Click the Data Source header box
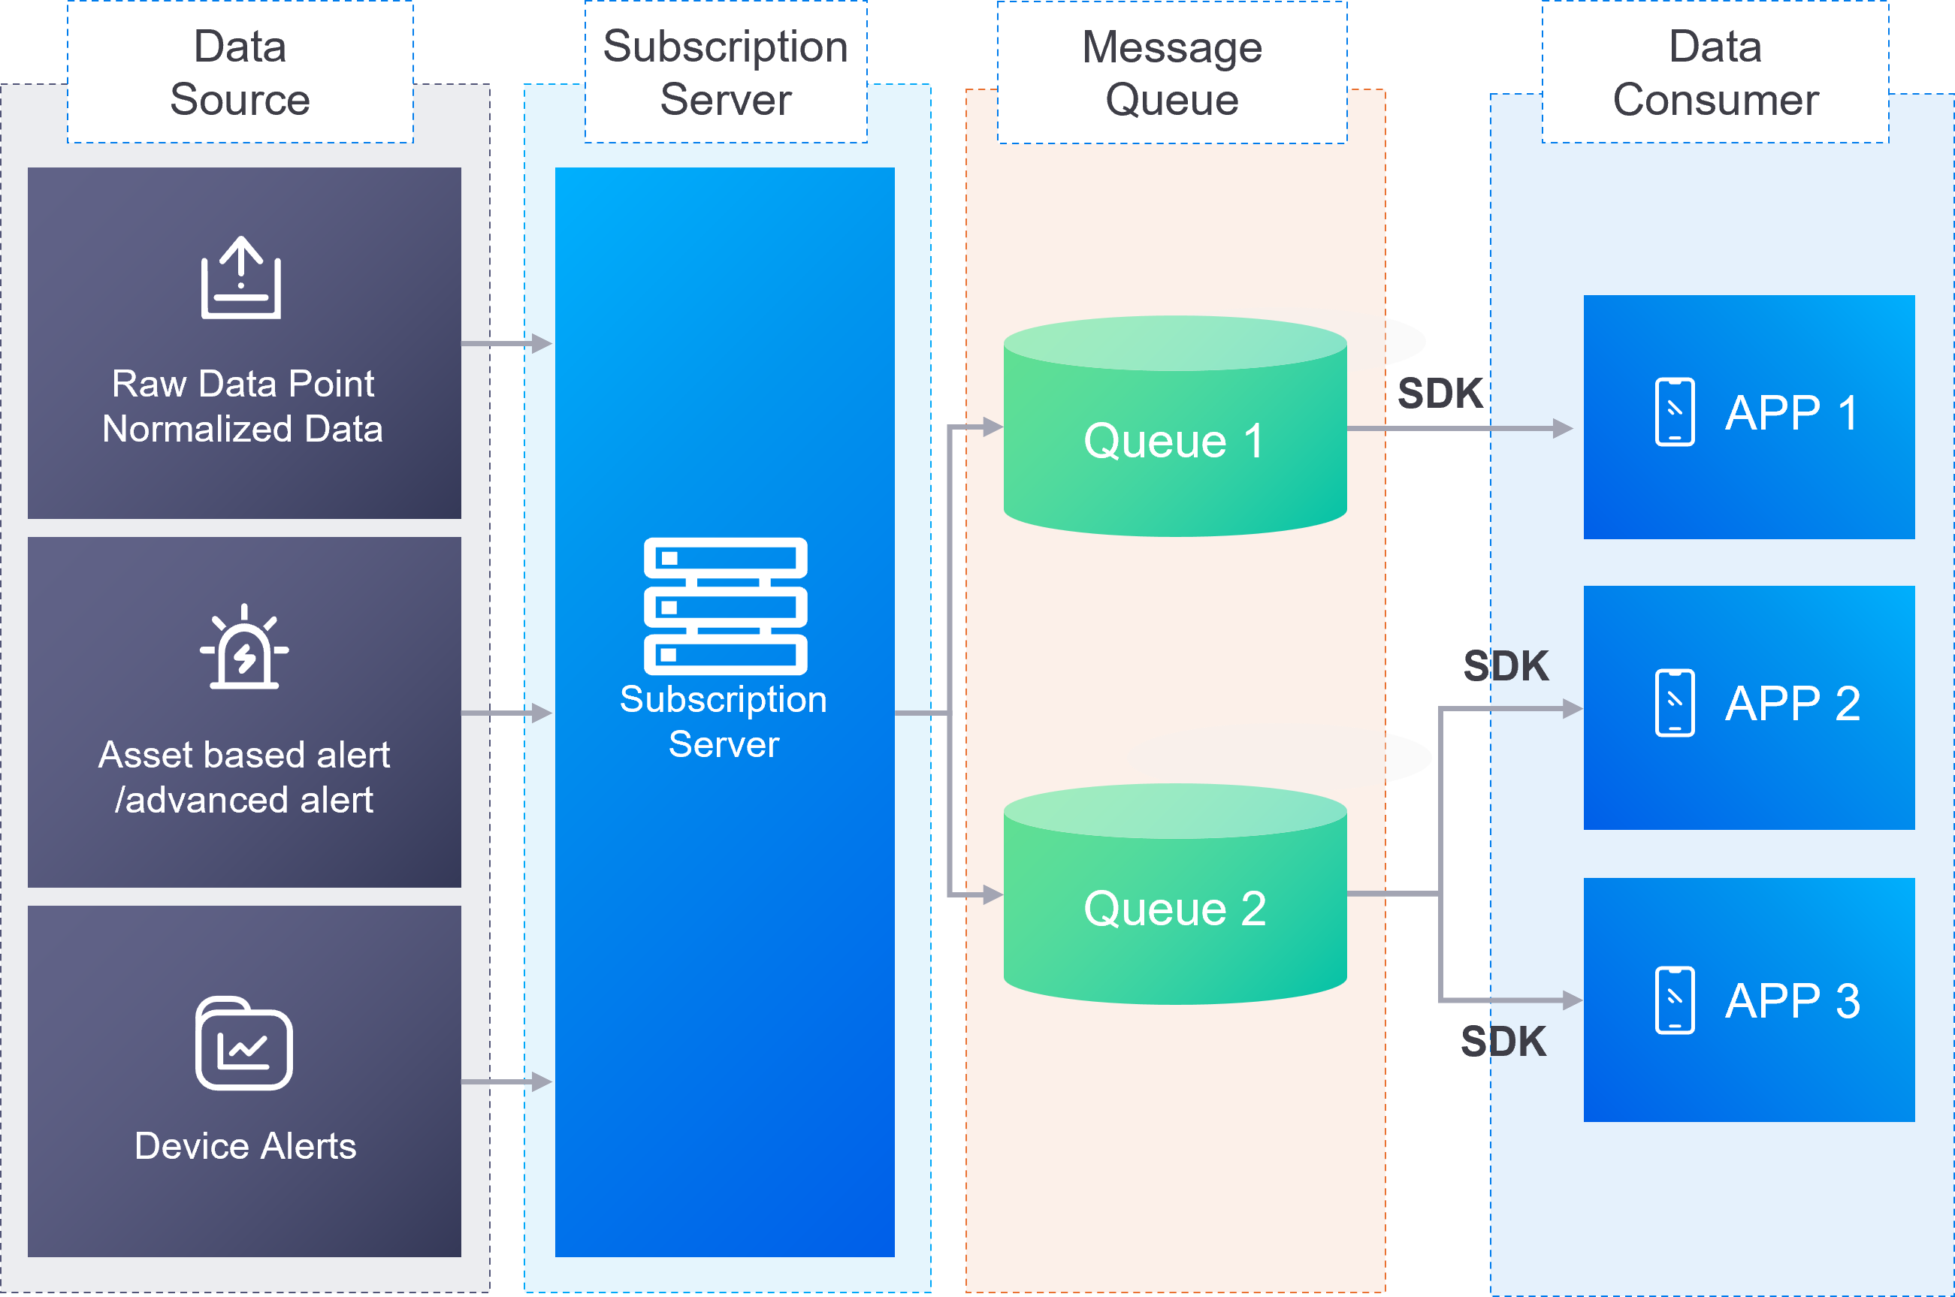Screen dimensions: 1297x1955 [240, 73]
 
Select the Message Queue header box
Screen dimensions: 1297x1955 [1171, 73]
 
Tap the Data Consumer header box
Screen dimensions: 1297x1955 [1715, 73]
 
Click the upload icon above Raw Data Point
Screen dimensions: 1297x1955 [240, 278]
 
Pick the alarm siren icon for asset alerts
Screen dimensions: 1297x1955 [244, 647]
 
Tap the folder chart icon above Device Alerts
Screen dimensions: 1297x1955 [244, 1043]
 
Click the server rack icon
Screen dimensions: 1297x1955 [725, 606]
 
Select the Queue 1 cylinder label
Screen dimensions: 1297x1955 [1174, 440]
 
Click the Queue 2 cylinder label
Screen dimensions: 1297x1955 [1174, 908]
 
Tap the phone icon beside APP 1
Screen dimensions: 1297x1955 [1675, 412]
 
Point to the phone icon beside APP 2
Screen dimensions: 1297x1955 [1675, 702]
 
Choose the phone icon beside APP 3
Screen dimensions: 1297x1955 [1675, 1000]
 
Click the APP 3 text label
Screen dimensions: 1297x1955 [1792, 1001]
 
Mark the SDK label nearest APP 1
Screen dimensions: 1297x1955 [1440, 393]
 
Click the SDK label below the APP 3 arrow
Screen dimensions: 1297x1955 [1503, 1042]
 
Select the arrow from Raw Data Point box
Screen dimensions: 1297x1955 [506, 343]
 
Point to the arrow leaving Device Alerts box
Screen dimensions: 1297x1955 [506, 1081]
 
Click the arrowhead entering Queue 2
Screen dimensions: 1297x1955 [992, 894]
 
